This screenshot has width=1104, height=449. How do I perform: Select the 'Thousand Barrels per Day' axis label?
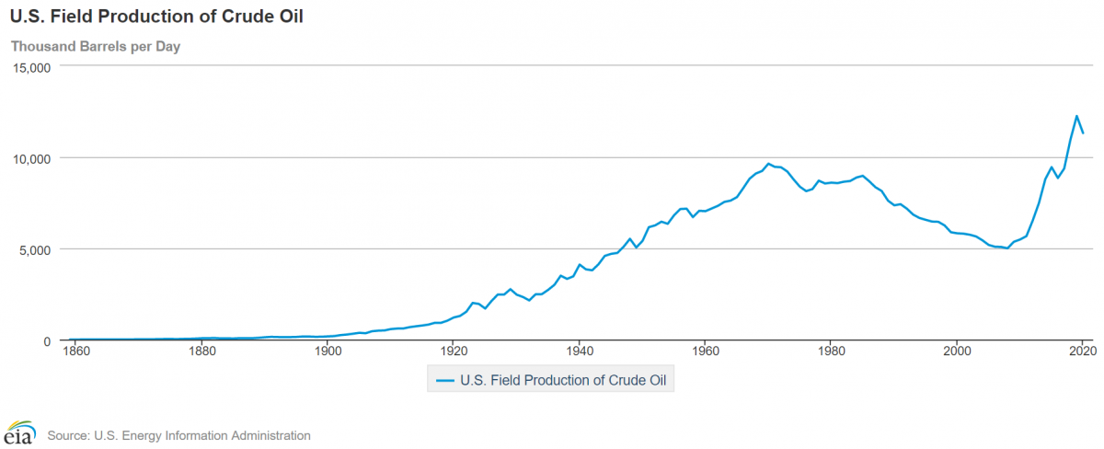[x=95, y=47]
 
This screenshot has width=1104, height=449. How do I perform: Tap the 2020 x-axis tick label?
[x=1082, y=351]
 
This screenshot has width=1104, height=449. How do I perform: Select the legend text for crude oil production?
[x=564, y=379]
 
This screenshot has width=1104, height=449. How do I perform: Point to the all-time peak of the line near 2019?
[x=1076, y=116]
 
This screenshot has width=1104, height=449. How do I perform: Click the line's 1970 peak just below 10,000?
[x=769, y=164]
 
